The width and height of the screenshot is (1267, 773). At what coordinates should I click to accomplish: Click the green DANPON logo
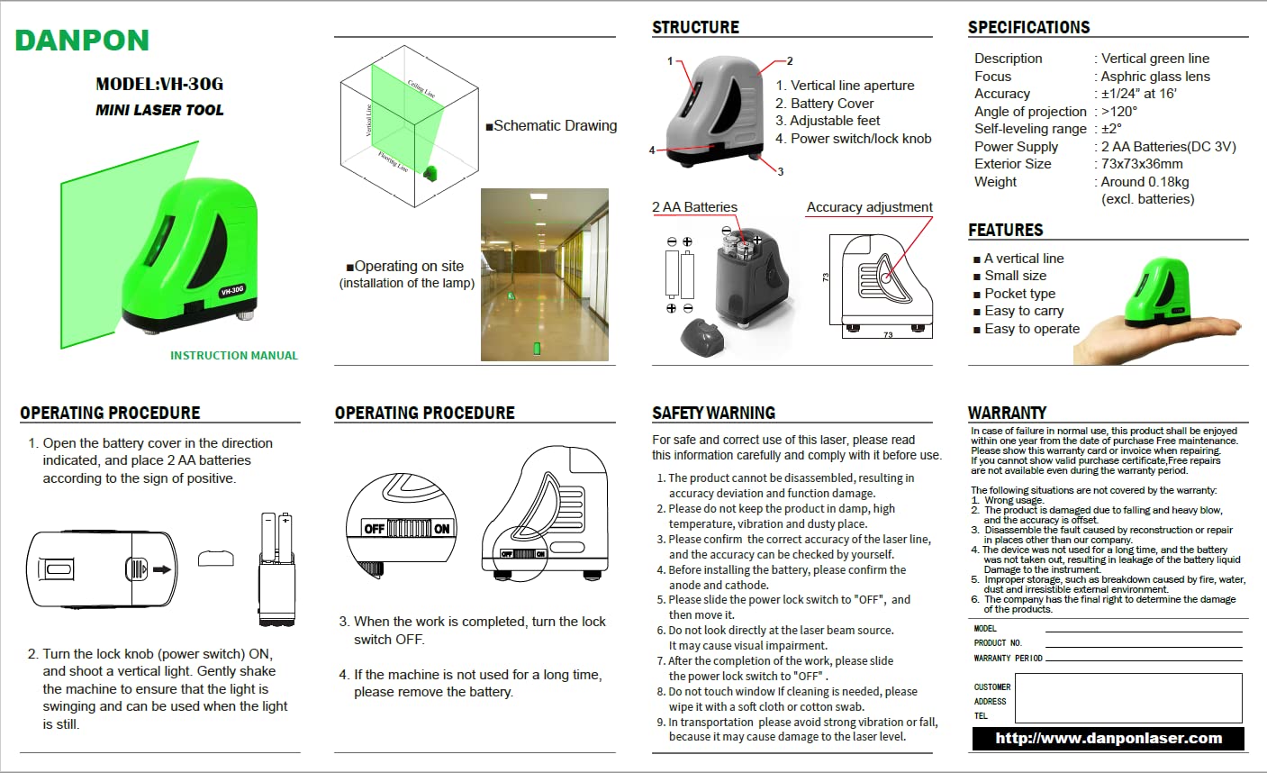82,41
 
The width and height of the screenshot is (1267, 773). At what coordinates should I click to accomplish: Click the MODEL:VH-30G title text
159,85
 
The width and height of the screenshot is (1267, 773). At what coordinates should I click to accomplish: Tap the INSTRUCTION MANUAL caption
234,356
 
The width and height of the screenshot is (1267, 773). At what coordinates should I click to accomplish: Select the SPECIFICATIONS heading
1028,28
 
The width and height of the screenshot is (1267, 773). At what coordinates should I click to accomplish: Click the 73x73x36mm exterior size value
1142,164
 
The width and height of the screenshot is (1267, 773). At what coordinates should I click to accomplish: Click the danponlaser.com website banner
1109,739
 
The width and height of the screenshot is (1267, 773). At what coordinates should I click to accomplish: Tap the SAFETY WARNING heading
713,414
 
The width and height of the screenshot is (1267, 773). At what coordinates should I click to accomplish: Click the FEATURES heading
1005,231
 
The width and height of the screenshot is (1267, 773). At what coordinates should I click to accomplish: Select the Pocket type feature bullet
1018,294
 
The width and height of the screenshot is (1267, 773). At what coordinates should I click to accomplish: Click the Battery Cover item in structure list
830,104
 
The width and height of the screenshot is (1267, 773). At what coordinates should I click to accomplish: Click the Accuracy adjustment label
869,207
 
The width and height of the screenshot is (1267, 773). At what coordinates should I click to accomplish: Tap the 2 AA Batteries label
694,207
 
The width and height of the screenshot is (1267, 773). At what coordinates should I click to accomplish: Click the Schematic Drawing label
554,126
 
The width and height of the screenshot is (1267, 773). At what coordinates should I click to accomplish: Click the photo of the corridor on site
545,275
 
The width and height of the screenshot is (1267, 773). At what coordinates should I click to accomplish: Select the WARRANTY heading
1007,414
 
